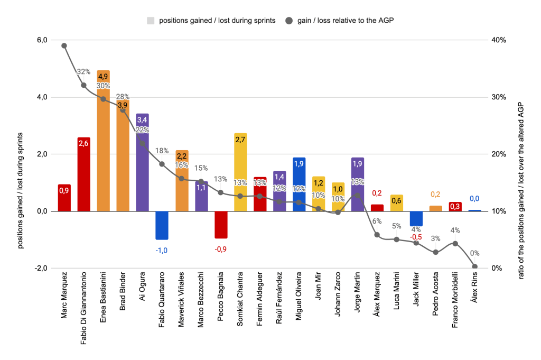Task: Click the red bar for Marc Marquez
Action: (x=64, y=198)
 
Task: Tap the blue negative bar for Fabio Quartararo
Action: (x=162, y=225)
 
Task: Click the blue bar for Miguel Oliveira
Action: (x=299, y=184)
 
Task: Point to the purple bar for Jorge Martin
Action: (x=358, y=184)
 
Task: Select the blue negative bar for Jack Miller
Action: (x=416, y=218)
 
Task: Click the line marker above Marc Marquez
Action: (x=64, y=45)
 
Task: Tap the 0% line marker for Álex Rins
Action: (x=474, y=266)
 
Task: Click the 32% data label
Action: (x=83, y=72)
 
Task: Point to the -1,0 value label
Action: (x=162, y=251)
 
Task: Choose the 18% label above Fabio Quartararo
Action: (x=162, y=151)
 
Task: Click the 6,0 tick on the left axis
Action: (x=41, y=40)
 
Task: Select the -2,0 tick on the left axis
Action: (x=41, y=269)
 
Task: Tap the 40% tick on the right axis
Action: (x=500, y=40)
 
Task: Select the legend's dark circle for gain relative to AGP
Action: (x=289, y=21)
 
